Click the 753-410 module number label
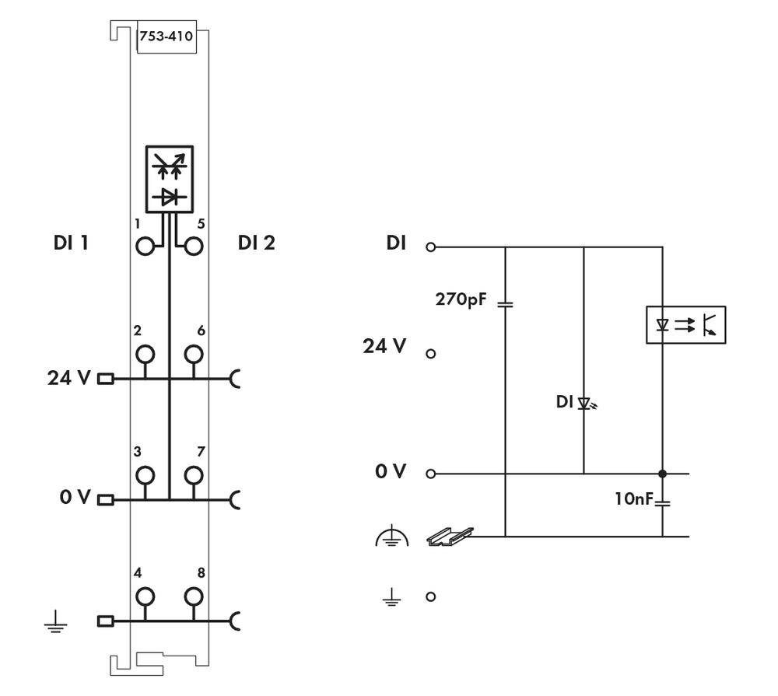(165, 36)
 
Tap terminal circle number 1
(145, 247)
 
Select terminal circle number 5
(193, 247)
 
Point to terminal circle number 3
(145, 475)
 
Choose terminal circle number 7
(193, 475)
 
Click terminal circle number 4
(145, 596)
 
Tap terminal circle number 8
(193, 596)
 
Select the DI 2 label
(256, 243)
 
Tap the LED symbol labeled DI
(587, 404)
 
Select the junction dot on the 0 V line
(662, 473)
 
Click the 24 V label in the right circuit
(384, 346)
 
